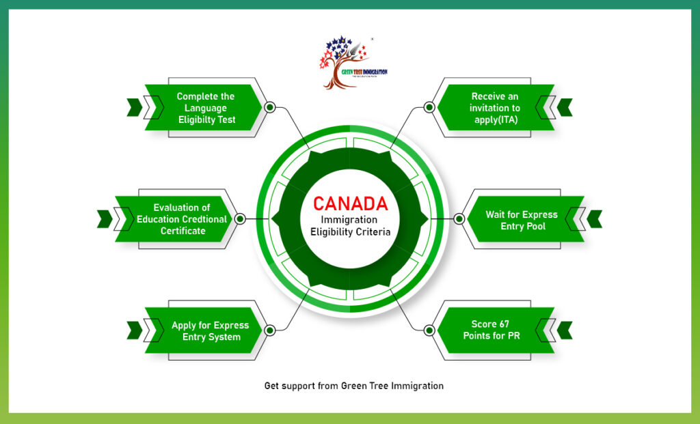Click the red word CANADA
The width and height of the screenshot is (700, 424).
click(350, 203)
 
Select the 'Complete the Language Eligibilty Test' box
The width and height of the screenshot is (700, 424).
click(206, 108)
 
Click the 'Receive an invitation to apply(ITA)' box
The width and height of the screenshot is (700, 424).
click(495, 108)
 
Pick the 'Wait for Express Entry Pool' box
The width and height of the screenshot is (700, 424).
click(521, 220)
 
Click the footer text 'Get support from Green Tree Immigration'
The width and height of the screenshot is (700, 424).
click(353, 386)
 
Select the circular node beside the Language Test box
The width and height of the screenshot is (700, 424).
click(269, 107)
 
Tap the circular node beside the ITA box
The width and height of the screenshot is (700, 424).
click(429, 107)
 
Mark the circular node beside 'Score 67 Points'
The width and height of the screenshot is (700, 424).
click(429, 330)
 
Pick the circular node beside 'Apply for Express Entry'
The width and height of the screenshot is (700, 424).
click(269, 330)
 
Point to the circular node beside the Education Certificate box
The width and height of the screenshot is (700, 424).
click(240, 219)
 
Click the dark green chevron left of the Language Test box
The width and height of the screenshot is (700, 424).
click(134, 107)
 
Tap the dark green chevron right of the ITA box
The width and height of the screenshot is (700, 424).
click(565, 107)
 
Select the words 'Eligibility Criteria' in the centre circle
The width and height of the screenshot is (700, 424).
click(350, 231)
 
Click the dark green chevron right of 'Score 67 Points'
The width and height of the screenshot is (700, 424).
click(565, 330)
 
